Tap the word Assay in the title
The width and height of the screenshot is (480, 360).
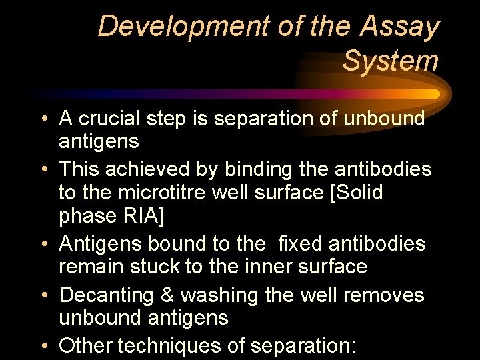pyautogui.click(x=400, y=27)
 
